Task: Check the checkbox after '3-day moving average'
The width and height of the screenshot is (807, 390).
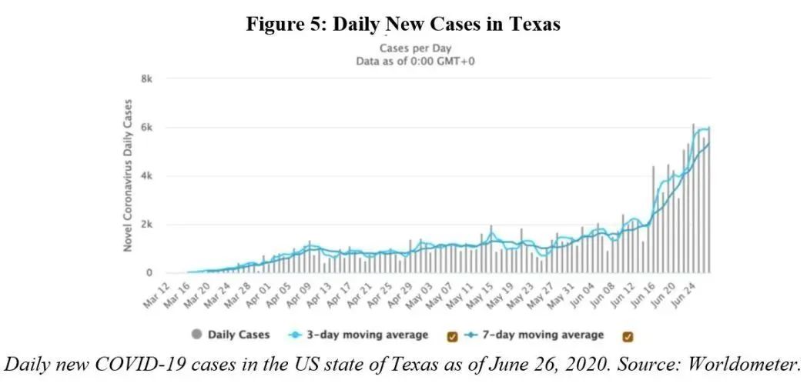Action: click(x=452, y=335)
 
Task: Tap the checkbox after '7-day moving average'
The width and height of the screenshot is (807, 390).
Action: click(x=627, y=335)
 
